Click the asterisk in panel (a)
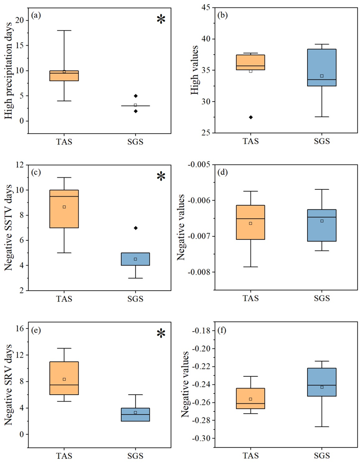(x=161, y=19)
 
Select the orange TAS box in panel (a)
(x=64, y=76)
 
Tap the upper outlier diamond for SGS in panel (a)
(x=135, y=96)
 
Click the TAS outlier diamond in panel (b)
(x=250, y=117)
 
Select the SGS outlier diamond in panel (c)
(x=135, y=228)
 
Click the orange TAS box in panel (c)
(x=64, y=208)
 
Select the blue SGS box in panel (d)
(x=322, y=225)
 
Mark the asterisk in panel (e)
(x=161, y=334)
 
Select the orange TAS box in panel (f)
(x=250, y=398)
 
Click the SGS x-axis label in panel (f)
(x=322, y=455)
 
